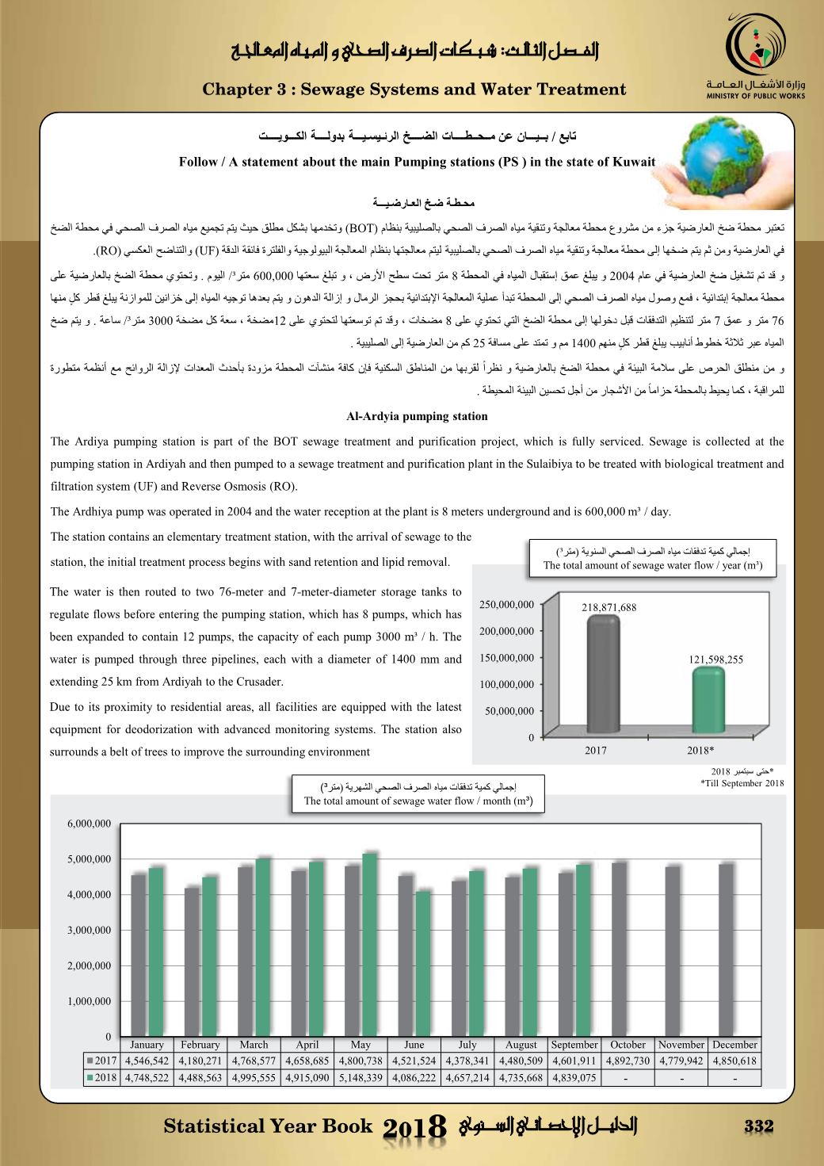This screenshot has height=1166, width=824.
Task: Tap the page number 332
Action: coord(758,1126)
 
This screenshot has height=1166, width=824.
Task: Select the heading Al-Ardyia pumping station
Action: coord(417,416)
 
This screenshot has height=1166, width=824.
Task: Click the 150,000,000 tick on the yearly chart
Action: coord(507,658)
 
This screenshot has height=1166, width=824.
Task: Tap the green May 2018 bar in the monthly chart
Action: coord(370,945)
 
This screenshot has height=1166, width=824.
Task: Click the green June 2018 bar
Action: coord(423,963)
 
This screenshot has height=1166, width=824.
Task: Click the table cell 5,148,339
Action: coord(360,1077)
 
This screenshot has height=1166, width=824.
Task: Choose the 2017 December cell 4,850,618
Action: coord(734,1061)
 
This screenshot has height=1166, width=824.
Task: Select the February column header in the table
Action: coord(200,1045)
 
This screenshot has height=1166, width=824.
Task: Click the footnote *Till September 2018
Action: coord(742,783)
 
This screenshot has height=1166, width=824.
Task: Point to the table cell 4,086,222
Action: coord(414,1077)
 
